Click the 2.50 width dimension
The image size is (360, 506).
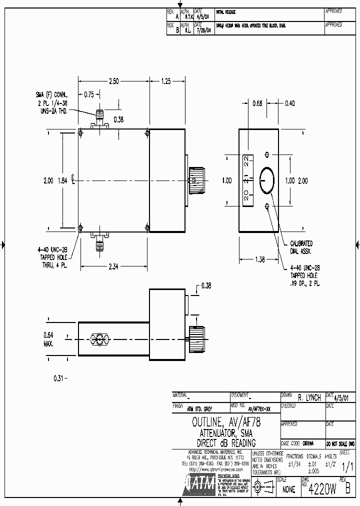pos(114,81)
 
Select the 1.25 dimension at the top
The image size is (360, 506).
pos(166,81)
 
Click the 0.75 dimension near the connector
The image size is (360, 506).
pos(88,93)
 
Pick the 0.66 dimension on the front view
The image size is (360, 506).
pos(257,103)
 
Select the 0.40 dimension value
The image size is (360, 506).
pos(289,103)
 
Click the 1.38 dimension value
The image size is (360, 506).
pos(259,260)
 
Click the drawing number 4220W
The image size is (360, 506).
pos(321,488)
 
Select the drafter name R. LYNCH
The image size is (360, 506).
pos(309,398)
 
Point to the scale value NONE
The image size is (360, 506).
pos(288,490)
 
